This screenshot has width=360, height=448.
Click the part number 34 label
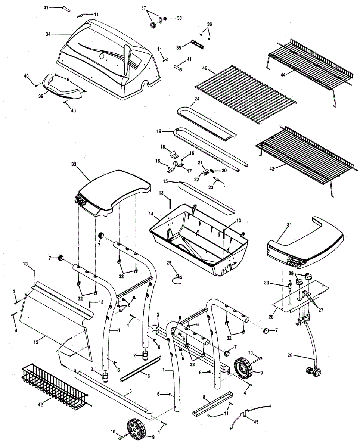point(48,34)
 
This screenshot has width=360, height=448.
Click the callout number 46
point(204,68)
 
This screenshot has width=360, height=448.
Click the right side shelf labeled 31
point(306,243)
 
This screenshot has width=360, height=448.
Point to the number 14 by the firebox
point(151,214)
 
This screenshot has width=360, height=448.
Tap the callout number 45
point(255,422)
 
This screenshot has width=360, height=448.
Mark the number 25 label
point(169,263)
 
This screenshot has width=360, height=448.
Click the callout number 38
point(180,18)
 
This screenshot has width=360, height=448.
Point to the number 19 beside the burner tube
point(158,131)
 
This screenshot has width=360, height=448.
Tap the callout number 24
point(196,99)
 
